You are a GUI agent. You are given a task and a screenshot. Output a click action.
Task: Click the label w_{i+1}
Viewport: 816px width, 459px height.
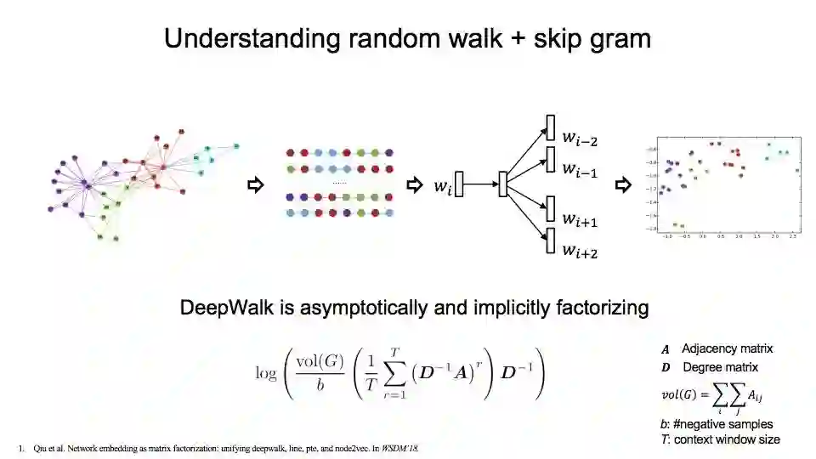(579, 220)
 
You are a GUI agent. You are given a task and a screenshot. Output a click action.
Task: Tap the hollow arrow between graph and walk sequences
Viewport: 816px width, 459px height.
(254, 184)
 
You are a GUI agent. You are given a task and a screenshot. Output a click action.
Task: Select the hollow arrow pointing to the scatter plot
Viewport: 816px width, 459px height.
(623, 184)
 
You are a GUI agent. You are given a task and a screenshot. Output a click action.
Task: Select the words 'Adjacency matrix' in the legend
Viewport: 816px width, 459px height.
(727, 348)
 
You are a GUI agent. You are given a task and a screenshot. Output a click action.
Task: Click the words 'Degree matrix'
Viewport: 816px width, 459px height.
(720, 367)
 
